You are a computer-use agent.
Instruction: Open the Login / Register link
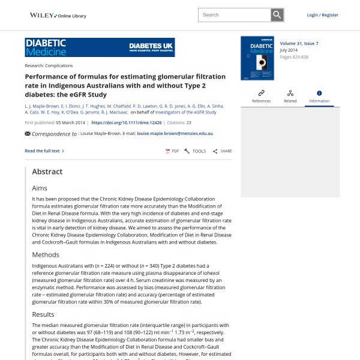pos(322,15)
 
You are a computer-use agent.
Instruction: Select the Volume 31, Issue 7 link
pos(299,44)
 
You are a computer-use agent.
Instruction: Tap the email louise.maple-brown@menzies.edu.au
pos(175,134)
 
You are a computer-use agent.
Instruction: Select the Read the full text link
pos(44,151)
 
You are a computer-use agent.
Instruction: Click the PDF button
pos(172,151)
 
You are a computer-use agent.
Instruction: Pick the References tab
pos(261,96)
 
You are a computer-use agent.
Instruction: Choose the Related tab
pos(290,96)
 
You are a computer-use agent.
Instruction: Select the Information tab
pos(319,96)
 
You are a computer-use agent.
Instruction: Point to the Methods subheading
pos(46,255)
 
